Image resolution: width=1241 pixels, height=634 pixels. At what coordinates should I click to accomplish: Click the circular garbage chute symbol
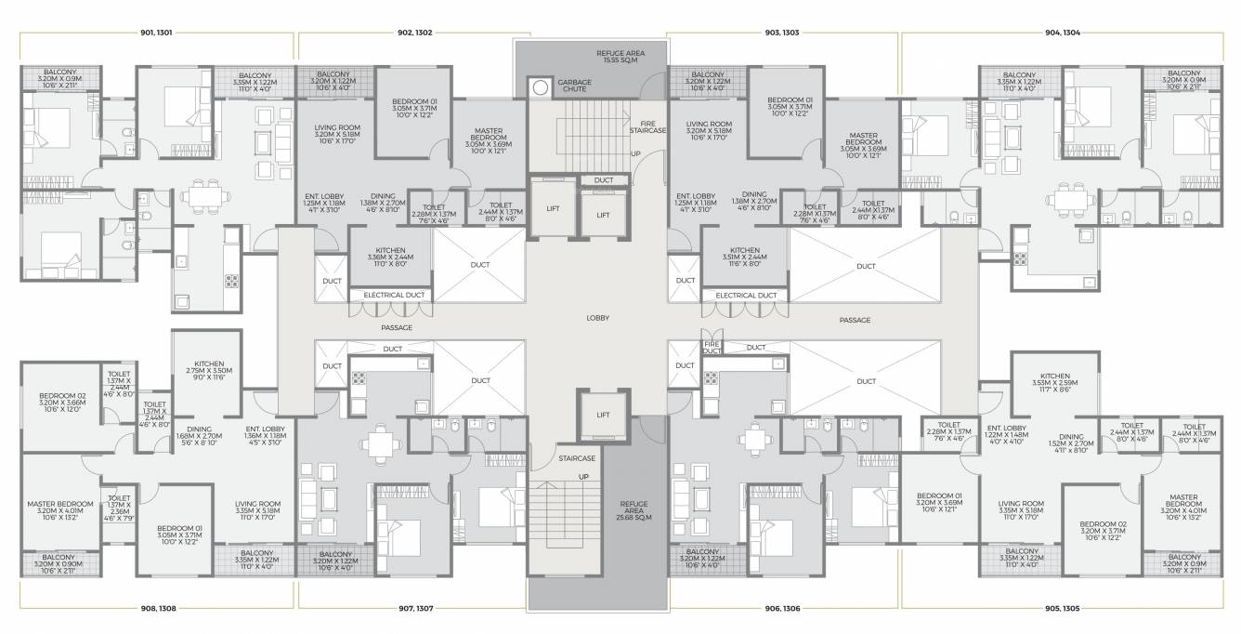(x=540, y=87)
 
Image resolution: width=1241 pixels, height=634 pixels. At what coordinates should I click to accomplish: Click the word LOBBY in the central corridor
(x=597, y=318)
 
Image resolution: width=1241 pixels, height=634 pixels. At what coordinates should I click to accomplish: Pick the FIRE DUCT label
(x=712, y=348)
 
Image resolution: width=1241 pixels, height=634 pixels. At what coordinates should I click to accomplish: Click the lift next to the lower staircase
(x=603, y=415)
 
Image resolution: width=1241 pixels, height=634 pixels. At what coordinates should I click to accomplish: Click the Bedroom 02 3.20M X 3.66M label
(x=62, y=403)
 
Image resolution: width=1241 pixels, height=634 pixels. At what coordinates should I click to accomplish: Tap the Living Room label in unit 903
(x=709, y=130)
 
